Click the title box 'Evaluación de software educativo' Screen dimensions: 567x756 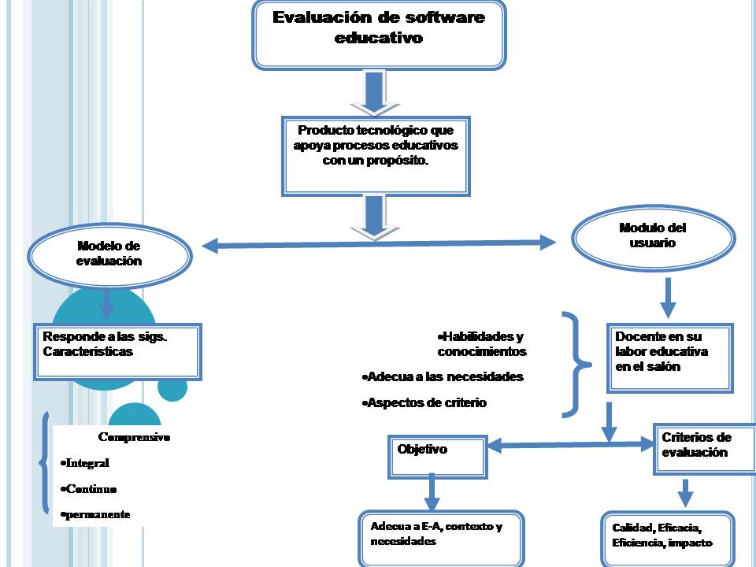(378, 33)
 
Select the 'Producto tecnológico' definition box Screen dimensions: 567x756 (379, 156)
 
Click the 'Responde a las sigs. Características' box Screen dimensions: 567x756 (117, 351)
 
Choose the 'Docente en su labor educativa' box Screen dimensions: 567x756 (669, 357)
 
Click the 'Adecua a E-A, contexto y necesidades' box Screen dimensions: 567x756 (441, 539)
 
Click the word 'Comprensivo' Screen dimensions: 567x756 (134, 436)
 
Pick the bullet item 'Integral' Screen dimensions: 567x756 (87, 463)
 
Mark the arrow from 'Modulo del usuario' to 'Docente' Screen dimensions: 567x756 (668, 296)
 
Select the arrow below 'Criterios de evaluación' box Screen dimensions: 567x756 (685, 492)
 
